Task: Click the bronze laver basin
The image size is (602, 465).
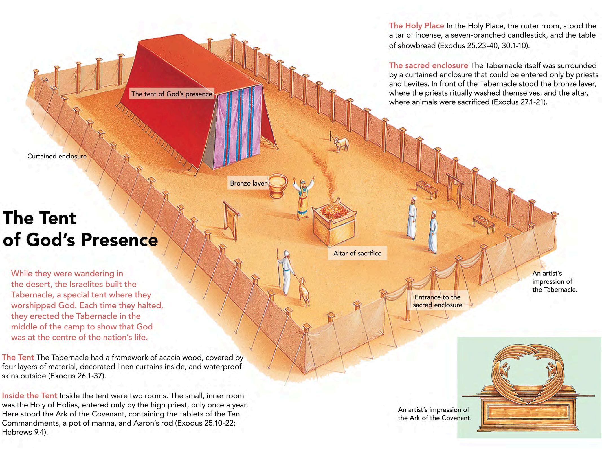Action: (x=277, y=185)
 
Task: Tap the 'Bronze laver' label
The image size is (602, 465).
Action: (x=248, y=183)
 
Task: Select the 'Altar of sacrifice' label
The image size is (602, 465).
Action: (x=357, y=253)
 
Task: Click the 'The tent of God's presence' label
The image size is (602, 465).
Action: (x=172, y=94)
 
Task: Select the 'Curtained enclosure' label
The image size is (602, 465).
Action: (x=57, y=156)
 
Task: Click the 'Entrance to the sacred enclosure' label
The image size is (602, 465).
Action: (x=437, y=301)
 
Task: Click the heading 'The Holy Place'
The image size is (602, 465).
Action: (x=416, y=26)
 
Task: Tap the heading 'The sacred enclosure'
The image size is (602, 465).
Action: (x=428, y=65)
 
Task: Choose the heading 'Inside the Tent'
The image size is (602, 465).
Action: (x=29, y=396)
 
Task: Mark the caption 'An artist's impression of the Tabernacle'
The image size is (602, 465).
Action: (x=554, y=281)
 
